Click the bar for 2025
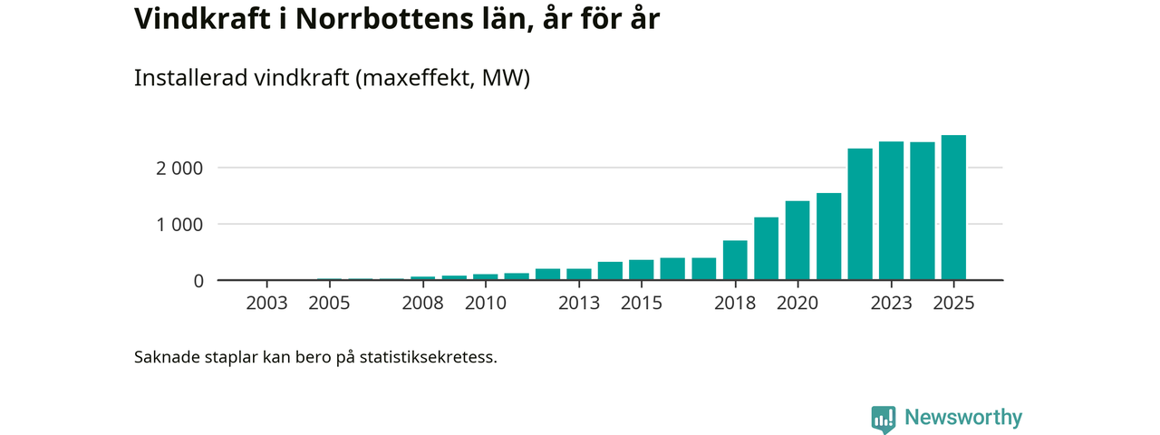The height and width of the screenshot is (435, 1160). click(x=953, y=208)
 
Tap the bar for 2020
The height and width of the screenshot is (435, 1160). click(x=797, y=240)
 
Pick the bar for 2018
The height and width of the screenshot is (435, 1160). click(x=735, y=260)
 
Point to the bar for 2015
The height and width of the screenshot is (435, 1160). click(x=641, y=270)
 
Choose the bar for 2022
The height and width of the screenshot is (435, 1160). click(x=860, y=214)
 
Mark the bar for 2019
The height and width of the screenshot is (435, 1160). click(x=766, y=248)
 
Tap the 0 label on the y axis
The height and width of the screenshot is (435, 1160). click(x=198, y=281)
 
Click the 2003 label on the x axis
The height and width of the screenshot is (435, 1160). click(x=266, y=303)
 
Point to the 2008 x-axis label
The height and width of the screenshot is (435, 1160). click(x=422, y=303)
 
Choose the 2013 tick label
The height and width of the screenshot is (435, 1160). click(x=578, y=303)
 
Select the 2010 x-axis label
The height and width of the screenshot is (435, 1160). click(x=485, y=303)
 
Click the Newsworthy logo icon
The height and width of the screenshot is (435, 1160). click(x=883, y=419)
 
